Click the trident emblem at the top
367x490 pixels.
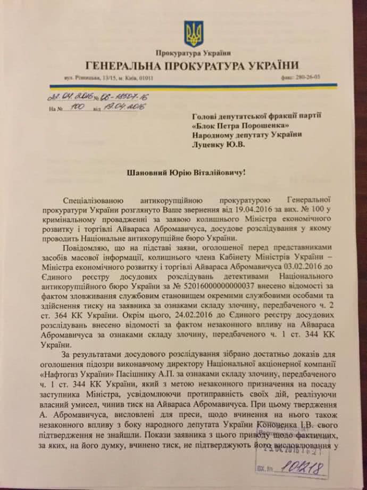click(193, 34)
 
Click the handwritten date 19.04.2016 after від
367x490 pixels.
click(118, 107)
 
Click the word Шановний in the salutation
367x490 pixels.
click(149, 172)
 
